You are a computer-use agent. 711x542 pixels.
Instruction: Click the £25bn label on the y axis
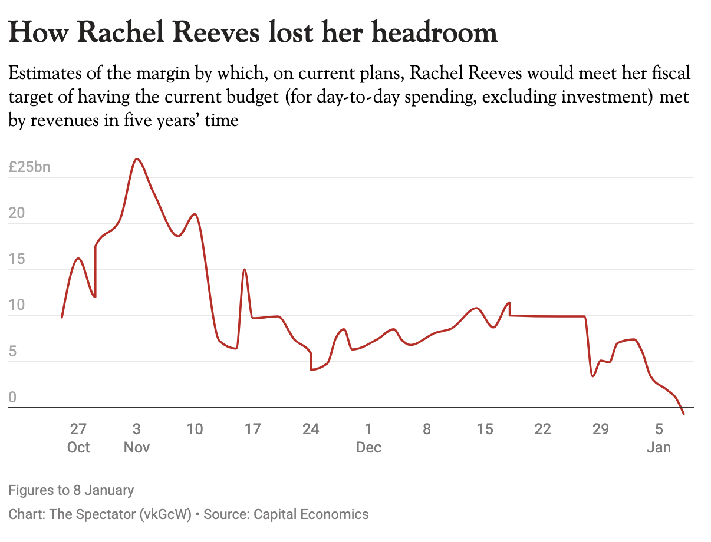point(29,167)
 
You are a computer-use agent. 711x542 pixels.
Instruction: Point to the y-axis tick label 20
point(17,213)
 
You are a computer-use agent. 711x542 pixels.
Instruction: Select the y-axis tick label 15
point(17,259)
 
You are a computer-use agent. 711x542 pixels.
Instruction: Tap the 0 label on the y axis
point(12,397)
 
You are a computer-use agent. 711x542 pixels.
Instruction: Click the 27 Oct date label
point(78,438)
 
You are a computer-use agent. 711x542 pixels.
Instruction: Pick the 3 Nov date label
point(136,438)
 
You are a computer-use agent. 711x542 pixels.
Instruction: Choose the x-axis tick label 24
point(311,429)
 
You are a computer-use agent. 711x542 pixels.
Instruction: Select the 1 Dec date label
point(368,438)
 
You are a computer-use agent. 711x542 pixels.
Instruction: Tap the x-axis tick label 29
point(600,429)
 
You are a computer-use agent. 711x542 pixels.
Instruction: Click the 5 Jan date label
point(659,438)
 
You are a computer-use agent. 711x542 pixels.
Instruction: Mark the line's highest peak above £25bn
point(137,159)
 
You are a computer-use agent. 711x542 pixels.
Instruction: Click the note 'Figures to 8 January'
point(71,490)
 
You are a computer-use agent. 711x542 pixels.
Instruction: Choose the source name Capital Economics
point(311,514)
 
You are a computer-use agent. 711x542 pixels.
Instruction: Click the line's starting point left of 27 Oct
point(62,318)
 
